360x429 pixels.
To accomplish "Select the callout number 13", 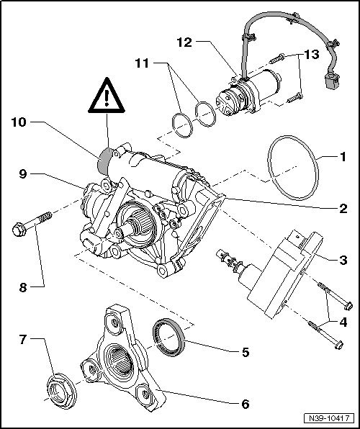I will tap(310, 54).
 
